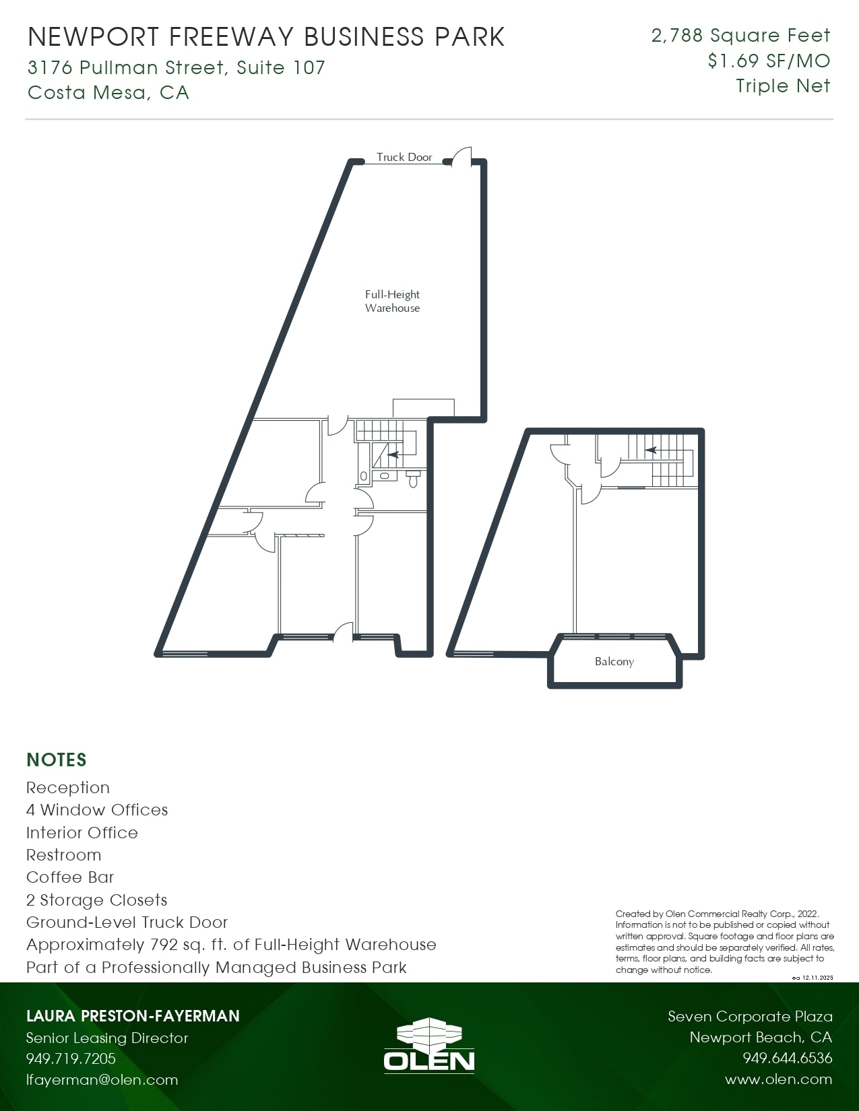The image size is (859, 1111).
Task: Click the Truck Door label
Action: pos(404,157)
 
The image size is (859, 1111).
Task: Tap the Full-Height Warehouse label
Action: pos(392,301)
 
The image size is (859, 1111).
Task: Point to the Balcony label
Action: pos(614,661)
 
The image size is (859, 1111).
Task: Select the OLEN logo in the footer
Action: pos(429,1045)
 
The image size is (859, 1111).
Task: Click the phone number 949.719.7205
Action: pos(71,1058)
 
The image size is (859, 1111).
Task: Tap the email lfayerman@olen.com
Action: pos(102,1079)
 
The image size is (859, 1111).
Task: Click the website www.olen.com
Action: pos(778,1079)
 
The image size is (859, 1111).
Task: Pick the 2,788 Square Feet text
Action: pos(740,35)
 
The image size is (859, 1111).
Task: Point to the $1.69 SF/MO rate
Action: pos(769,61)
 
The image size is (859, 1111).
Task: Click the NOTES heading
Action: pos(57,760)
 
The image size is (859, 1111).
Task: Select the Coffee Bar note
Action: pos(70,877)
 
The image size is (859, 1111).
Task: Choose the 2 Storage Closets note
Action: pos(96,900)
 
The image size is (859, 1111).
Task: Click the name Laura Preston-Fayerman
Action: pos(133,1015)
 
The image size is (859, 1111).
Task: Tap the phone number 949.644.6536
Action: pos(787,1058)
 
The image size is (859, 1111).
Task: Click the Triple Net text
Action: pos(783,86)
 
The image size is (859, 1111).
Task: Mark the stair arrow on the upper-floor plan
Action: pos(650,450)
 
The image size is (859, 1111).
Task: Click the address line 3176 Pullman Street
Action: pos(177,67)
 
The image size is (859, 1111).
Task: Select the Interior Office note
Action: pos(82,832)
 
